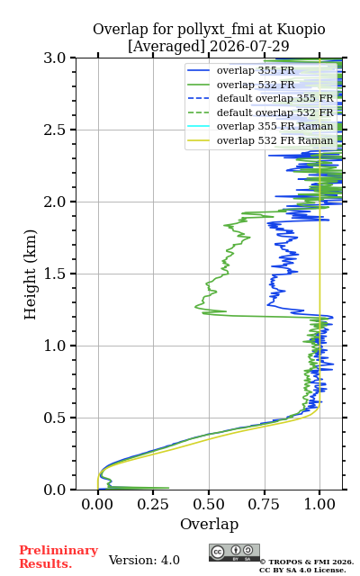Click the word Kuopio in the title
click(301, 30)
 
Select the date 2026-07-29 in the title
click(249, 47)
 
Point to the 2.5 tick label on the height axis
click(55, 130)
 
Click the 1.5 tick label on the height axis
click(55, 274)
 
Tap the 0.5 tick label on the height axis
click(55, 418)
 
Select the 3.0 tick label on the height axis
click(55, 58)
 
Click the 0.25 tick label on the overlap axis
click(153, 504)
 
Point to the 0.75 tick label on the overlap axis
click(264, 504)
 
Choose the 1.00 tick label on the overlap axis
click(319, 504)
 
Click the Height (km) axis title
click(30, 274)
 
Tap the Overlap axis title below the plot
click(209, 524)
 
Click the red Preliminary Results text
click(58, 557)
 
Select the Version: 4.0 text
click(144, 560)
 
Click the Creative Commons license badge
click(234, 553)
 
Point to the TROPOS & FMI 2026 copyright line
click(306, 562)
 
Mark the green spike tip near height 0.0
click(168, 488)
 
